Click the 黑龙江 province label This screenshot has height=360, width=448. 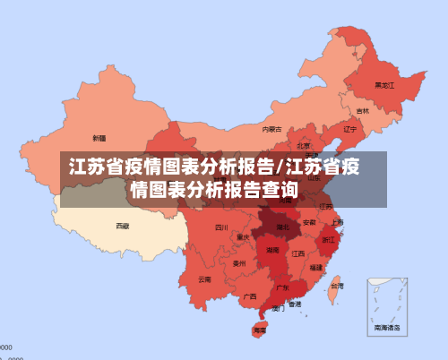pyautogui.click(x=383, y=86)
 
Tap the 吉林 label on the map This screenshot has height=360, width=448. pyautogui.click(x=362, y=111)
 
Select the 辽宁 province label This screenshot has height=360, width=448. pyautogui.click(x=350, y=128)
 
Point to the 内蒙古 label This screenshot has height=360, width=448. pyautogui.click(x=271, y=129)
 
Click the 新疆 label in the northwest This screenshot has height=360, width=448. pyautogui.click(x=99, y=138)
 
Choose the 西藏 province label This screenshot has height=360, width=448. pyautogui.click(x=122, y=226)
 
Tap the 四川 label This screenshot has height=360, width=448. pyautogui.click(x=221, y=227)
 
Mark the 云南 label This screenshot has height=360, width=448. pyautogui.click(x=205, y=279)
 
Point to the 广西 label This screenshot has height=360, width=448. pyautogui.click(x=250, y=296)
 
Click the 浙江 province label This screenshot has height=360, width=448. pyautogui.click(x=329, y=240)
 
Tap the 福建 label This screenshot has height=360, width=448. pyautogui.click(x=315, y=267)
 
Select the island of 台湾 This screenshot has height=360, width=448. pyautogui.click(x=334, y=287)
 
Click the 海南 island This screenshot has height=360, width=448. pyautogui.click(x=260, y=329)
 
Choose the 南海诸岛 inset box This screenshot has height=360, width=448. pyautogui.click(x=387, y=308)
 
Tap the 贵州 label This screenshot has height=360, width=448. pyautogui.click(x=238, y=263)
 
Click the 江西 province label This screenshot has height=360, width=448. pyautogui.click(x=297, y=253)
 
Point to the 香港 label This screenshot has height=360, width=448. pyautogui.click(x=295, y=304)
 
